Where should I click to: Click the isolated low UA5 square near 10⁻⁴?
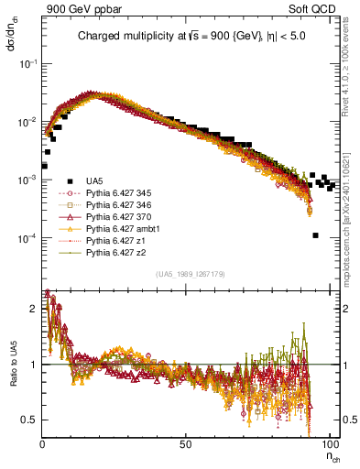click(315, 235)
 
